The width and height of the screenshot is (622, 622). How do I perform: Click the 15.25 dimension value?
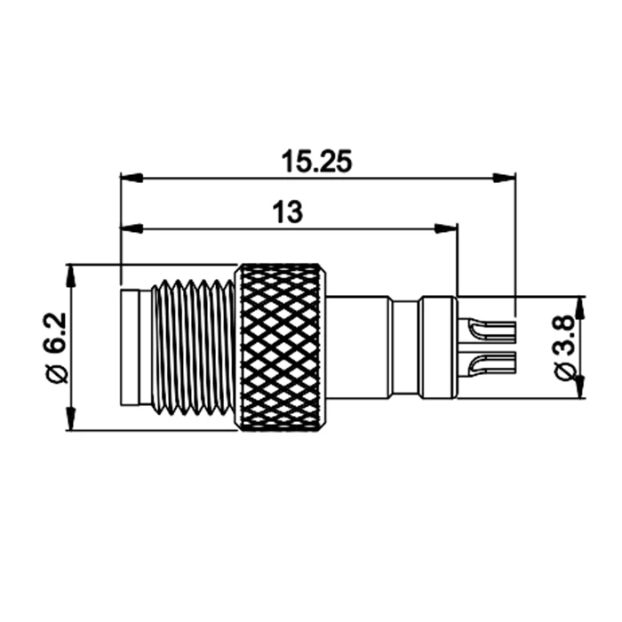pyautogui.click(x=317, y=162)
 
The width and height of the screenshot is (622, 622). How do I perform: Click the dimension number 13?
pyautogui.click(x=288, y=212)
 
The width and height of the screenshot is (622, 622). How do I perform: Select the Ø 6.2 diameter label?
pyautogui.click(x=54, y=347)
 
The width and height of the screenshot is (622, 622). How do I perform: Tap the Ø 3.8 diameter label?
pyautogui.click(x=562, y=347)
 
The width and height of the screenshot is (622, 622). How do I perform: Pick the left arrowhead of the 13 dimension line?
pyautogui.click(x=131, y=229)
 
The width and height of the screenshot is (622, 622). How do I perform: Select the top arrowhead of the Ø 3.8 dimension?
pyautogui.click(x=579, y=306)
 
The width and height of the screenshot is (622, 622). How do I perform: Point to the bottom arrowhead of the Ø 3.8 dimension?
pyautogui.click(x=579, y=387)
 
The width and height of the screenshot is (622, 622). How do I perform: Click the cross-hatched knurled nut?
pyautogui.click(x=281, y=347)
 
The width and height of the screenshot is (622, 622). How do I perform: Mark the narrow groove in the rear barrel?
pyautogui.click(x=405, y=347)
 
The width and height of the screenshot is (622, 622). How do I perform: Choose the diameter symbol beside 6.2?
pyautogui.click(x=54, y=373)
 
